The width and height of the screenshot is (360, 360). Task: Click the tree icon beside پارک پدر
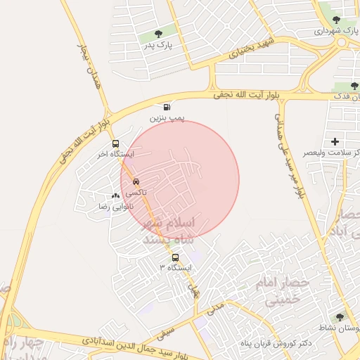tap(157, 32)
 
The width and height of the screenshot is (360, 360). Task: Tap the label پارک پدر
tap(158, 46)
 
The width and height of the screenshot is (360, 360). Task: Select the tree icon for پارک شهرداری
tap(336, 20)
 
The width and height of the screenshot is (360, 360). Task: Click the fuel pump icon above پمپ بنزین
tap(166, 107)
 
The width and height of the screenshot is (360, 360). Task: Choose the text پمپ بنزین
tap(167, 119)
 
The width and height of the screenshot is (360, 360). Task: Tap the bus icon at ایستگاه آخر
tap(115, 143)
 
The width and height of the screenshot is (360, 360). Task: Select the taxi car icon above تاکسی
tap(136, 181)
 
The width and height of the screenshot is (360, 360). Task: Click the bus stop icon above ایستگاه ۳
tap(175, 257)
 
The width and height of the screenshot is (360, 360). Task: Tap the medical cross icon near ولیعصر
tap(344, 141)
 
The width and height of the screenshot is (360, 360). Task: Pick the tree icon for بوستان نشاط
tap(340, 318)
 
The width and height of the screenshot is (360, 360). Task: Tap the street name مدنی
tap(217, 307)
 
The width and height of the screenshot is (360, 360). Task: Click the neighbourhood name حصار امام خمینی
tap(285, 291)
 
